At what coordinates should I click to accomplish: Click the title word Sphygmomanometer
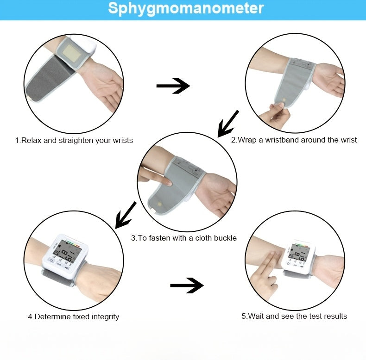pyautogui.click(x=186, y=9)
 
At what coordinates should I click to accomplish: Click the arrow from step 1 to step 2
pyautogui.click(x=173, y=86)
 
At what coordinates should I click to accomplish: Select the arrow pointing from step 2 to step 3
pyautogui.click(x=228, y=124)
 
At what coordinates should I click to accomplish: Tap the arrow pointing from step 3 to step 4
pyautogui.click(x=126, y=215)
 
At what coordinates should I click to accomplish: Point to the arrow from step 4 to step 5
pyautogui.click(x=187, y=285)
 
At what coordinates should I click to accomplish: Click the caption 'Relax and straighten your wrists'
pyautogui.click(x=74, y=140)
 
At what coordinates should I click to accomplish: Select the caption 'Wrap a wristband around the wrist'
pyautogui.click(x=294, y=140)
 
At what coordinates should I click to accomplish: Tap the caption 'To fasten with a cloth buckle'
pyautogui.click(x=184, y=238)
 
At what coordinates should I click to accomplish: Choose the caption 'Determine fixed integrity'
pyautogui.click(x=73, y=317)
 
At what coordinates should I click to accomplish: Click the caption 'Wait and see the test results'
pyautogui.click(x=294, y=316)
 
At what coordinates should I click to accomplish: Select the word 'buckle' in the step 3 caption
pyautogui.click(x=225, y=238)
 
